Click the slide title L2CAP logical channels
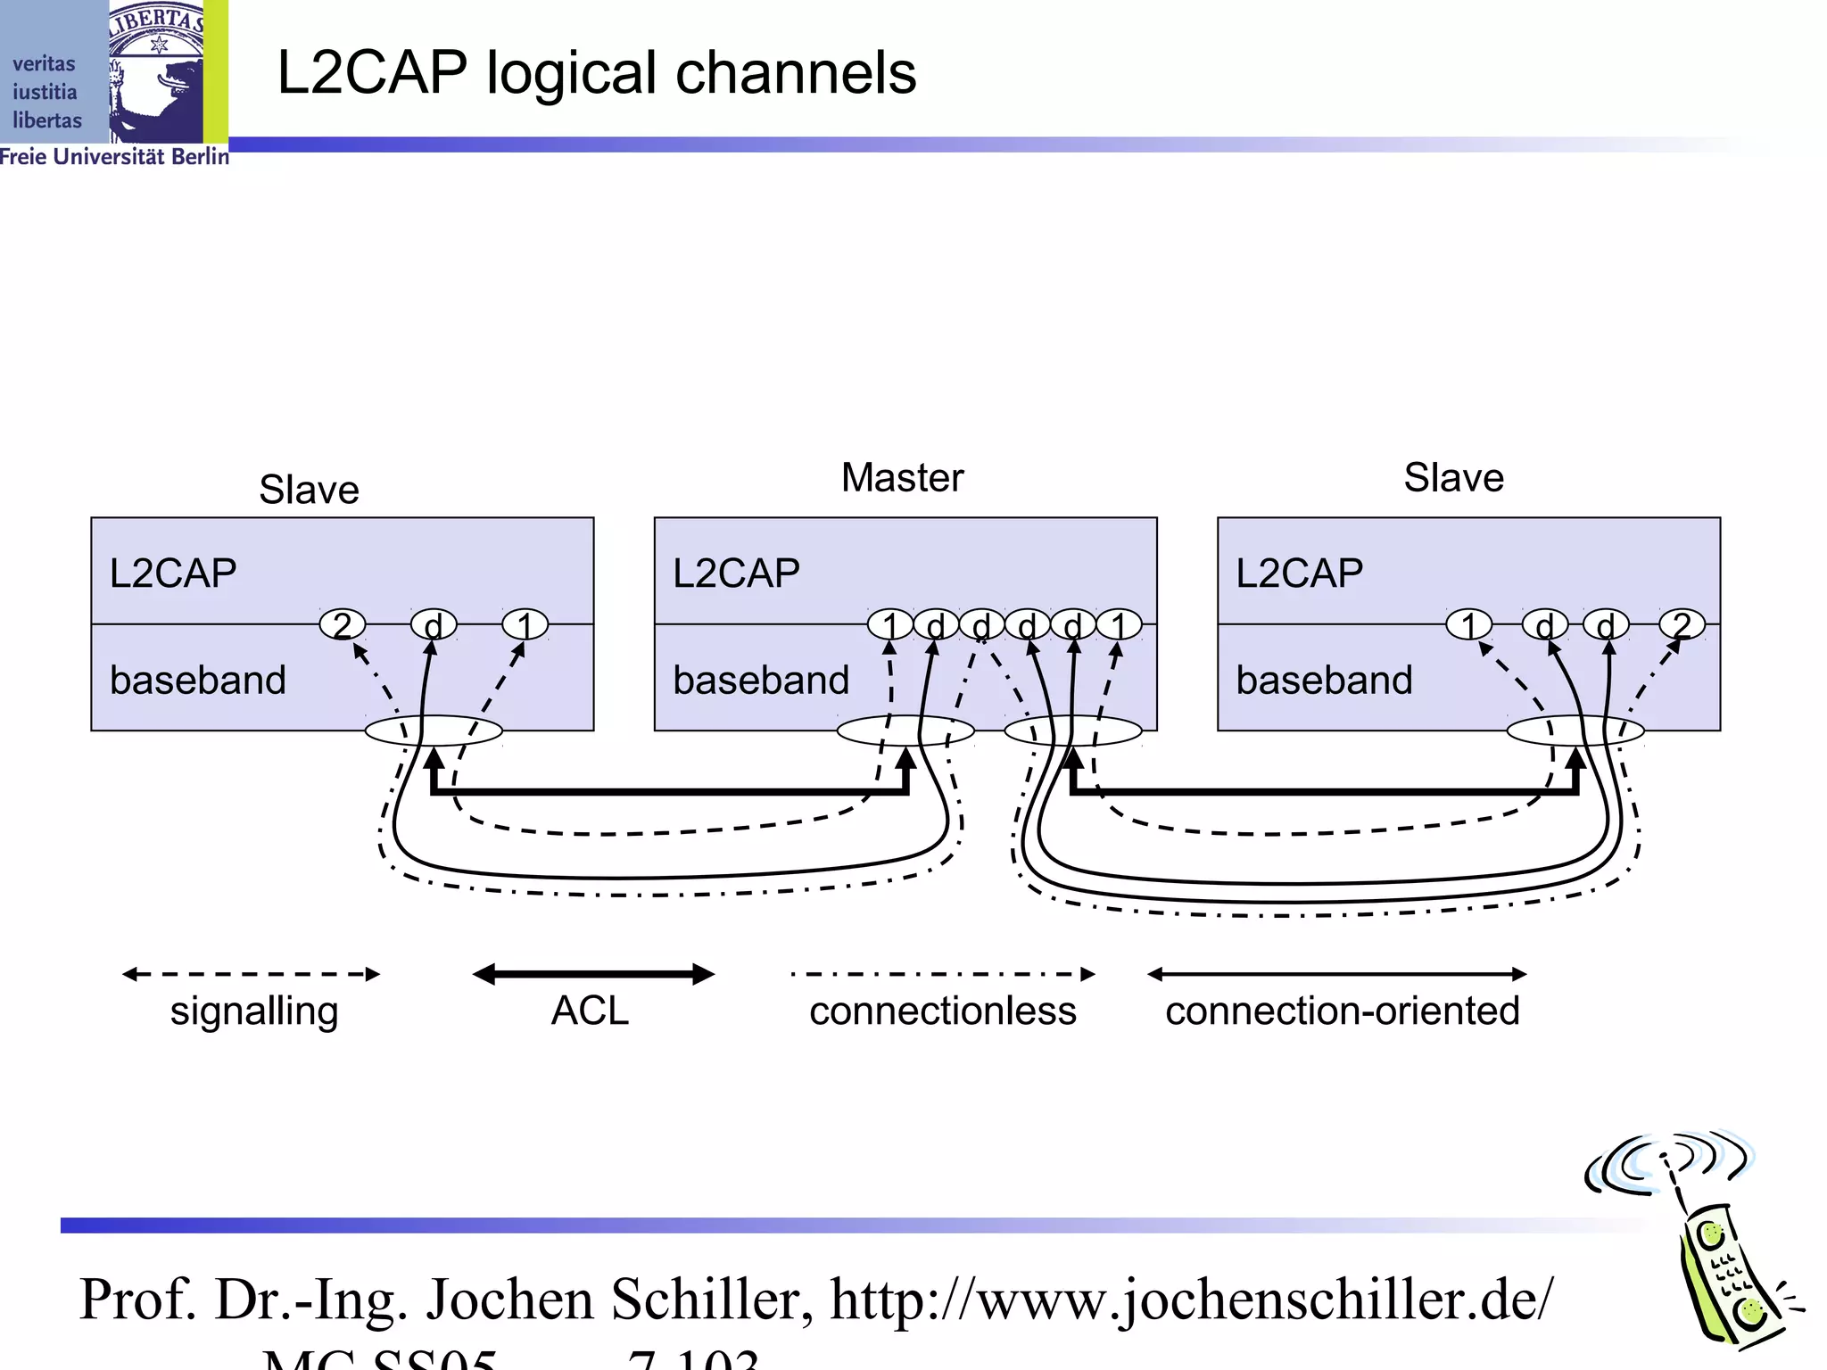coord(596,73)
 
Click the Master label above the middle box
coord(902,478)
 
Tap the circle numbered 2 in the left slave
coord(343,624)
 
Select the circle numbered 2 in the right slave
coord(1682,624)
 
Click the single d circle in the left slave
coord(434,625)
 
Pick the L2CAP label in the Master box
coord(736,573)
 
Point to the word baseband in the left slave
coord(198,680)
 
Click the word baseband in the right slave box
coord(1324,680)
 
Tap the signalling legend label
coord(254,1011)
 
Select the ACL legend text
coord(590,1011)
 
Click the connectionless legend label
coord(943,1011)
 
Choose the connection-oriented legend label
coord(1342,1011)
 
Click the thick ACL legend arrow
coord(593,974)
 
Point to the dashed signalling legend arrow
coord(252,974)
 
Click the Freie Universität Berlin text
coord(114,157)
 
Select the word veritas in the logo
coord(44,64)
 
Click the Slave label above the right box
coord(1453,478)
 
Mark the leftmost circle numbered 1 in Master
coord(889,624)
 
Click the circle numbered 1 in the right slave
coord(1468,624)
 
